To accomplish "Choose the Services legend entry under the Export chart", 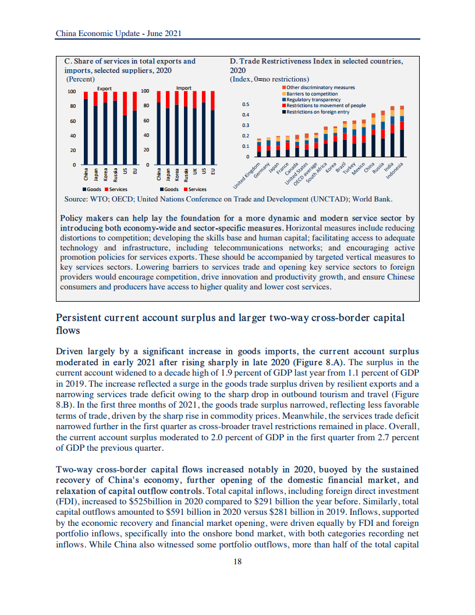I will click(x=116, y=189).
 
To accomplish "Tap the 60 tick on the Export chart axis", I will click(x=73, y=121).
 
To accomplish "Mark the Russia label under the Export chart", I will click(x=115, y=174).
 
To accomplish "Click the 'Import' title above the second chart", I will click(x=184, y=88).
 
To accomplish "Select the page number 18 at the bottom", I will click(x=238, y=561).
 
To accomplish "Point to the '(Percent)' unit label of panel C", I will click(x=80, y=79).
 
